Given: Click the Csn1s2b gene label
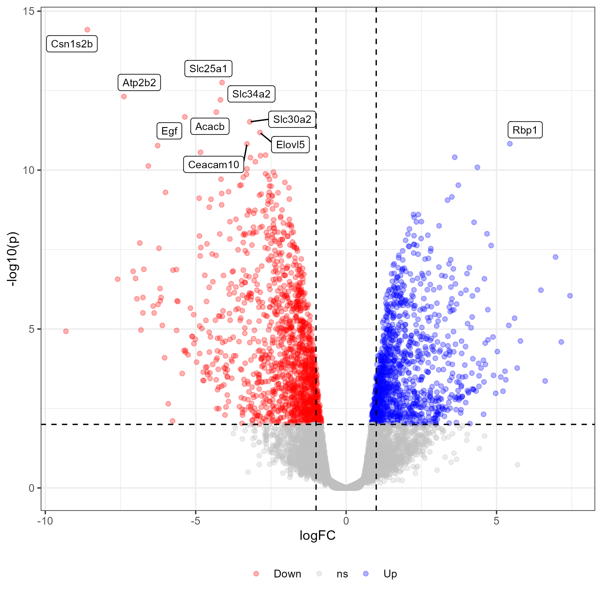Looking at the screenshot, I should point(72,44).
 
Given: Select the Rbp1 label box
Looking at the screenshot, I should point(525,130).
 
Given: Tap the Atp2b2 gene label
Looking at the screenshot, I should point(139,83).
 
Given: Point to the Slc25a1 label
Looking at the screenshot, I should point(208,69).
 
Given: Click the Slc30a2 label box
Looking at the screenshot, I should point(292,119).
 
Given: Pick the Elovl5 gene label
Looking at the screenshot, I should point(290,145).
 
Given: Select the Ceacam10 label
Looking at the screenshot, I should point(213,165).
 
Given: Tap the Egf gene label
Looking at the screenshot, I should point(169,131).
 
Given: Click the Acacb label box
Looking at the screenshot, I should point(210,126).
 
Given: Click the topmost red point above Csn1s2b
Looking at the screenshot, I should point(87,30).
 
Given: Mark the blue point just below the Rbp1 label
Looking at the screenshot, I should point(510,144).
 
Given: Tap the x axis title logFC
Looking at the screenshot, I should point(318,536).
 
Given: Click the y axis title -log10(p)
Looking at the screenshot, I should point(13,259).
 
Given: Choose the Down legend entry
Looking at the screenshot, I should point(287,574).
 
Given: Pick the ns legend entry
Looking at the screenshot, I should point(342,574).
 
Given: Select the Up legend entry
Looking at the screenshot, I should point(390,574).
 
